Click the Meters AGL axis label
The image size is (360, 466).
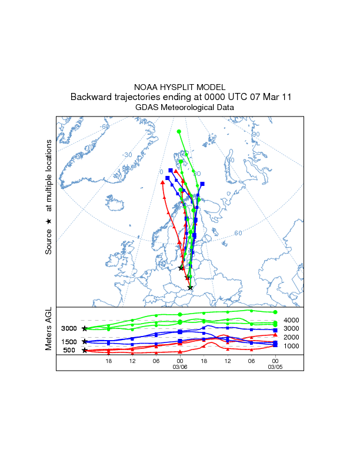[x=49, y=330]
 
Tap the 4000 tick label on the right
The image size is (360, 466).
[x=292, y=319]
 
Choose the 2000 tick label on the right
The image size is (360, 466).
[x=292, y=337]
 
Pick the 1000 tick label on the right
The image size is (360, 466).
[x=292, y=346]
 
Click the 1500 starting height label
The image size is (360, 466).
[x=69, y=342]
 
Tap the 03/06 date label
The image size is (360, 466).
[x=180, y=367]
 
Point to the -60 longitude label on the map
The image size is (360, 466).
[x=105, y=127]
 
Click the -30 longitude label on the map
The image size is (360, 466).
[x=126, y=155]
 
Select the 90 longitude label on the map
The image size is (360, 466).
[x=255, y=134]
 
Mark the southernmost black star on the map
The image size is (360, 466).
[x=190, y=288]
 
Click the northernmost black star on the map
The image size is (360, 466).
[x=181, y=268]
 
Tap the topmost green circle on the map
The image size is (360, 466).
[x=179, y=132]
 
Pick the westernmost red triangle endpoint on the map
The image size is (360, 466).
[x=162, y=182]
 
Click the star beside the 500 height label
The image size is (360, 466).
[x=85, y=351]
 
